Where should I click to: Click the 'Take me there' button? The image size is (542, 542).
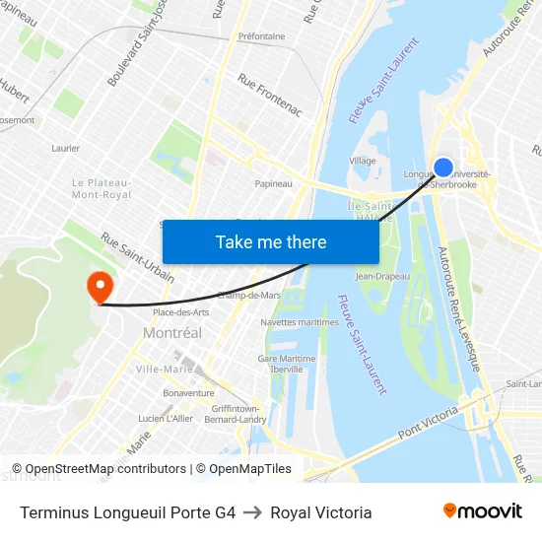tap(271, 241)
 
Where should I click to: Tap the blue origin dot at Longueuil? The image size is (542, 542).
tap(443, 169)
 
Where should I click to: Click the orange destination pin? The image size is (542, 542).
tap(101, 287)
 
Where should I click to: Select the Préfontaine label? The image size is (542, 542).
tap(261, 36)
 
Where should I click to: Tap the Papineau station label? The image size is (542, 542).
tap(273, 183)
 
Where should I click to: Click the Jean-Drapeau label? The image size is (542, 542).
tap(382, 276)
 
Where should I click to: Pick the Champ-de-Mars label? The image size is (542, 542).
tap(248, 295)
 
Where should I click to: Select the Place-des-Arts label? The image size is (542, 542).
tap(181, 312)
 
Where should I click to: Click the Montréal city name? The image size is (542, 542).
tap(172, 333)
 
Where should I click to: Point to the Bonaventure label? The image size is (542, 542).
tap(188, 392)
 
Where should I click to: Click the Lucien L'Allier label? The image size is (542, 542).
tap(166, 418)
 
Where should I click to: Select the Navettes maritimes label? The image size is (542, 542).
tap(300, 322)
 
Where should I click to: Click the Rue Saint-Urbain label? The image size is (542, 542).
tap(137, 257)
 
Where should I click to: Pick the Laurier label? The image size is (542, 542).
tap(65, 148)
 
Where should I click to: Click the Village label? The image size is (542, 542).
tap(363, 160)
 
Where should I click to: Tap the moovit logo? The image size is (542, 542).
tap(483, 511)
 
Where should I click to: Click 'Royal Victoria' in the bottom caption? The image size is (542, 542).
tap(321, 512)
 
